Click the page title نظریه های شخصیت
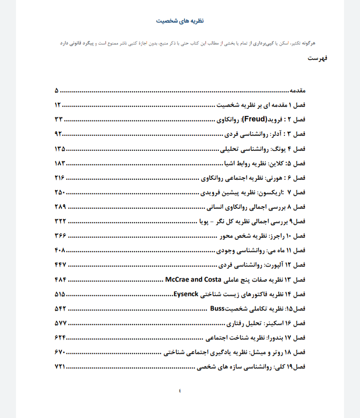coord(179,21)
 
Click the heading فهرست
coord(317,59)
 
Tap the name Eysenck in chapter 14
coord(187,294)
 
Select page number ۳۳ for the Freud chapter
coord(58,120)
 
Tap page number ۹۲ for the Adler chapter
coord(58,134)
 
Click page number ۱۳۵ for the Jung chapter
coord(60,149)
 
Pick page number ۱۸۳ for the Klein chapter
coord(60,163)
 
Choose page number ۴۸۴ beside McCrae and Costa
coord(60,279)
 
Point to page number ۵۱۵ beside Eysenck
coord(60,294)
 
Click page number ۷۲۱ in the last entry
coord(60,367)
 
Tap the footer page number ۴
coord(180,390)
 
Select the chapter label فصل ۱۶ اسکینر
coord(291,323)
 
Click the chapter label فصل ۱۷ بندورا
coord(292,337)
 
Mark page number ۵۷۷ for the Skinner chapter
coord(60,323)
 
